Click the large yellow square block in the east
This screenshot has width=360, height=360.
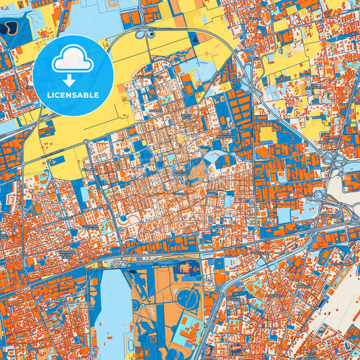pyautogui.click(x=268, y=134)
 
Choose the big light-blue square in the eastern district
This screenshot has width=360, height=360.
pyautogui.click(x=283, y=215)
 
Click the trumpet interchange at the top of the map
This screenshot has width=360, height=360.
pyautogui.click(x=143, y=32)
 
